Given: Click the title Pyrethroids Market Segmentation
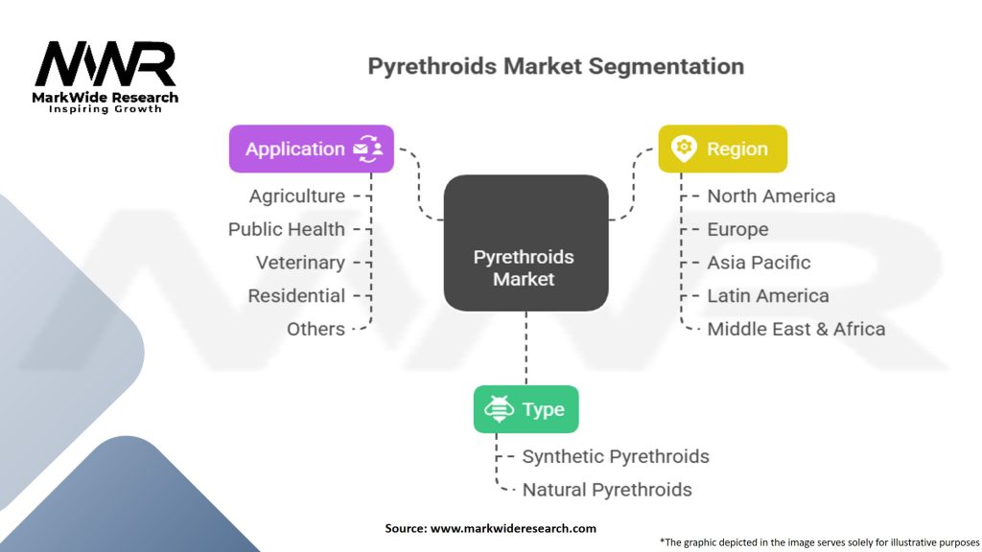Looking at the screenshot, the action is coord(556,67).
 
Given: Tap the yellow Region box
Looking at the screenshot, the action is coord(722,149).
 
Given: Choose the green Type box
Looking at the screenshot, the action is coord(526,409).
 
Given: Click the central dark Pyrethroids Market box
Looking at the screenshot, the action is coord(525,242).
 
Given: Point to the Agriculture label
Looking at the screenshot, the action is coord(297,195).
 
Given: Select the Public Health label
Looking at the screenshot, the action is coord(287,229).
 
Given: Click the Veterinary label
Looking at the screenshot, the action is coord(300,263).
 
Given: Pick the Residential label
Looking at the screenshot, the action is coord(296,295).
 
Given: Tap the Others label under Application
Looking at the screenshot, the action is coord(316,329).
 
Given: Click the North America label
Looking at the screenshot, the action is coord(771,195).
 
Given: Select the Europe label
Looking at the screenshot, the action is coord(737,229).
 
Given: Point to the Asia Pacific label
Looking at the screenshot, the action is coord(759,263).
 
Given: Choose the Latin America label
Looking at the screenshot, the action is coord(767,295).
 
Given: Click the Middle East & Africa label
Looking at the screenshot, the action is coord(796,329).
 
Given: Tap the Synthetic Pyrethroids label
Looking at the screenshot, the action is coord(616,456).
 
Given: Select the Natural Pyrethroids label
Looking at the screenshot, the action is coord(607,490).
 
